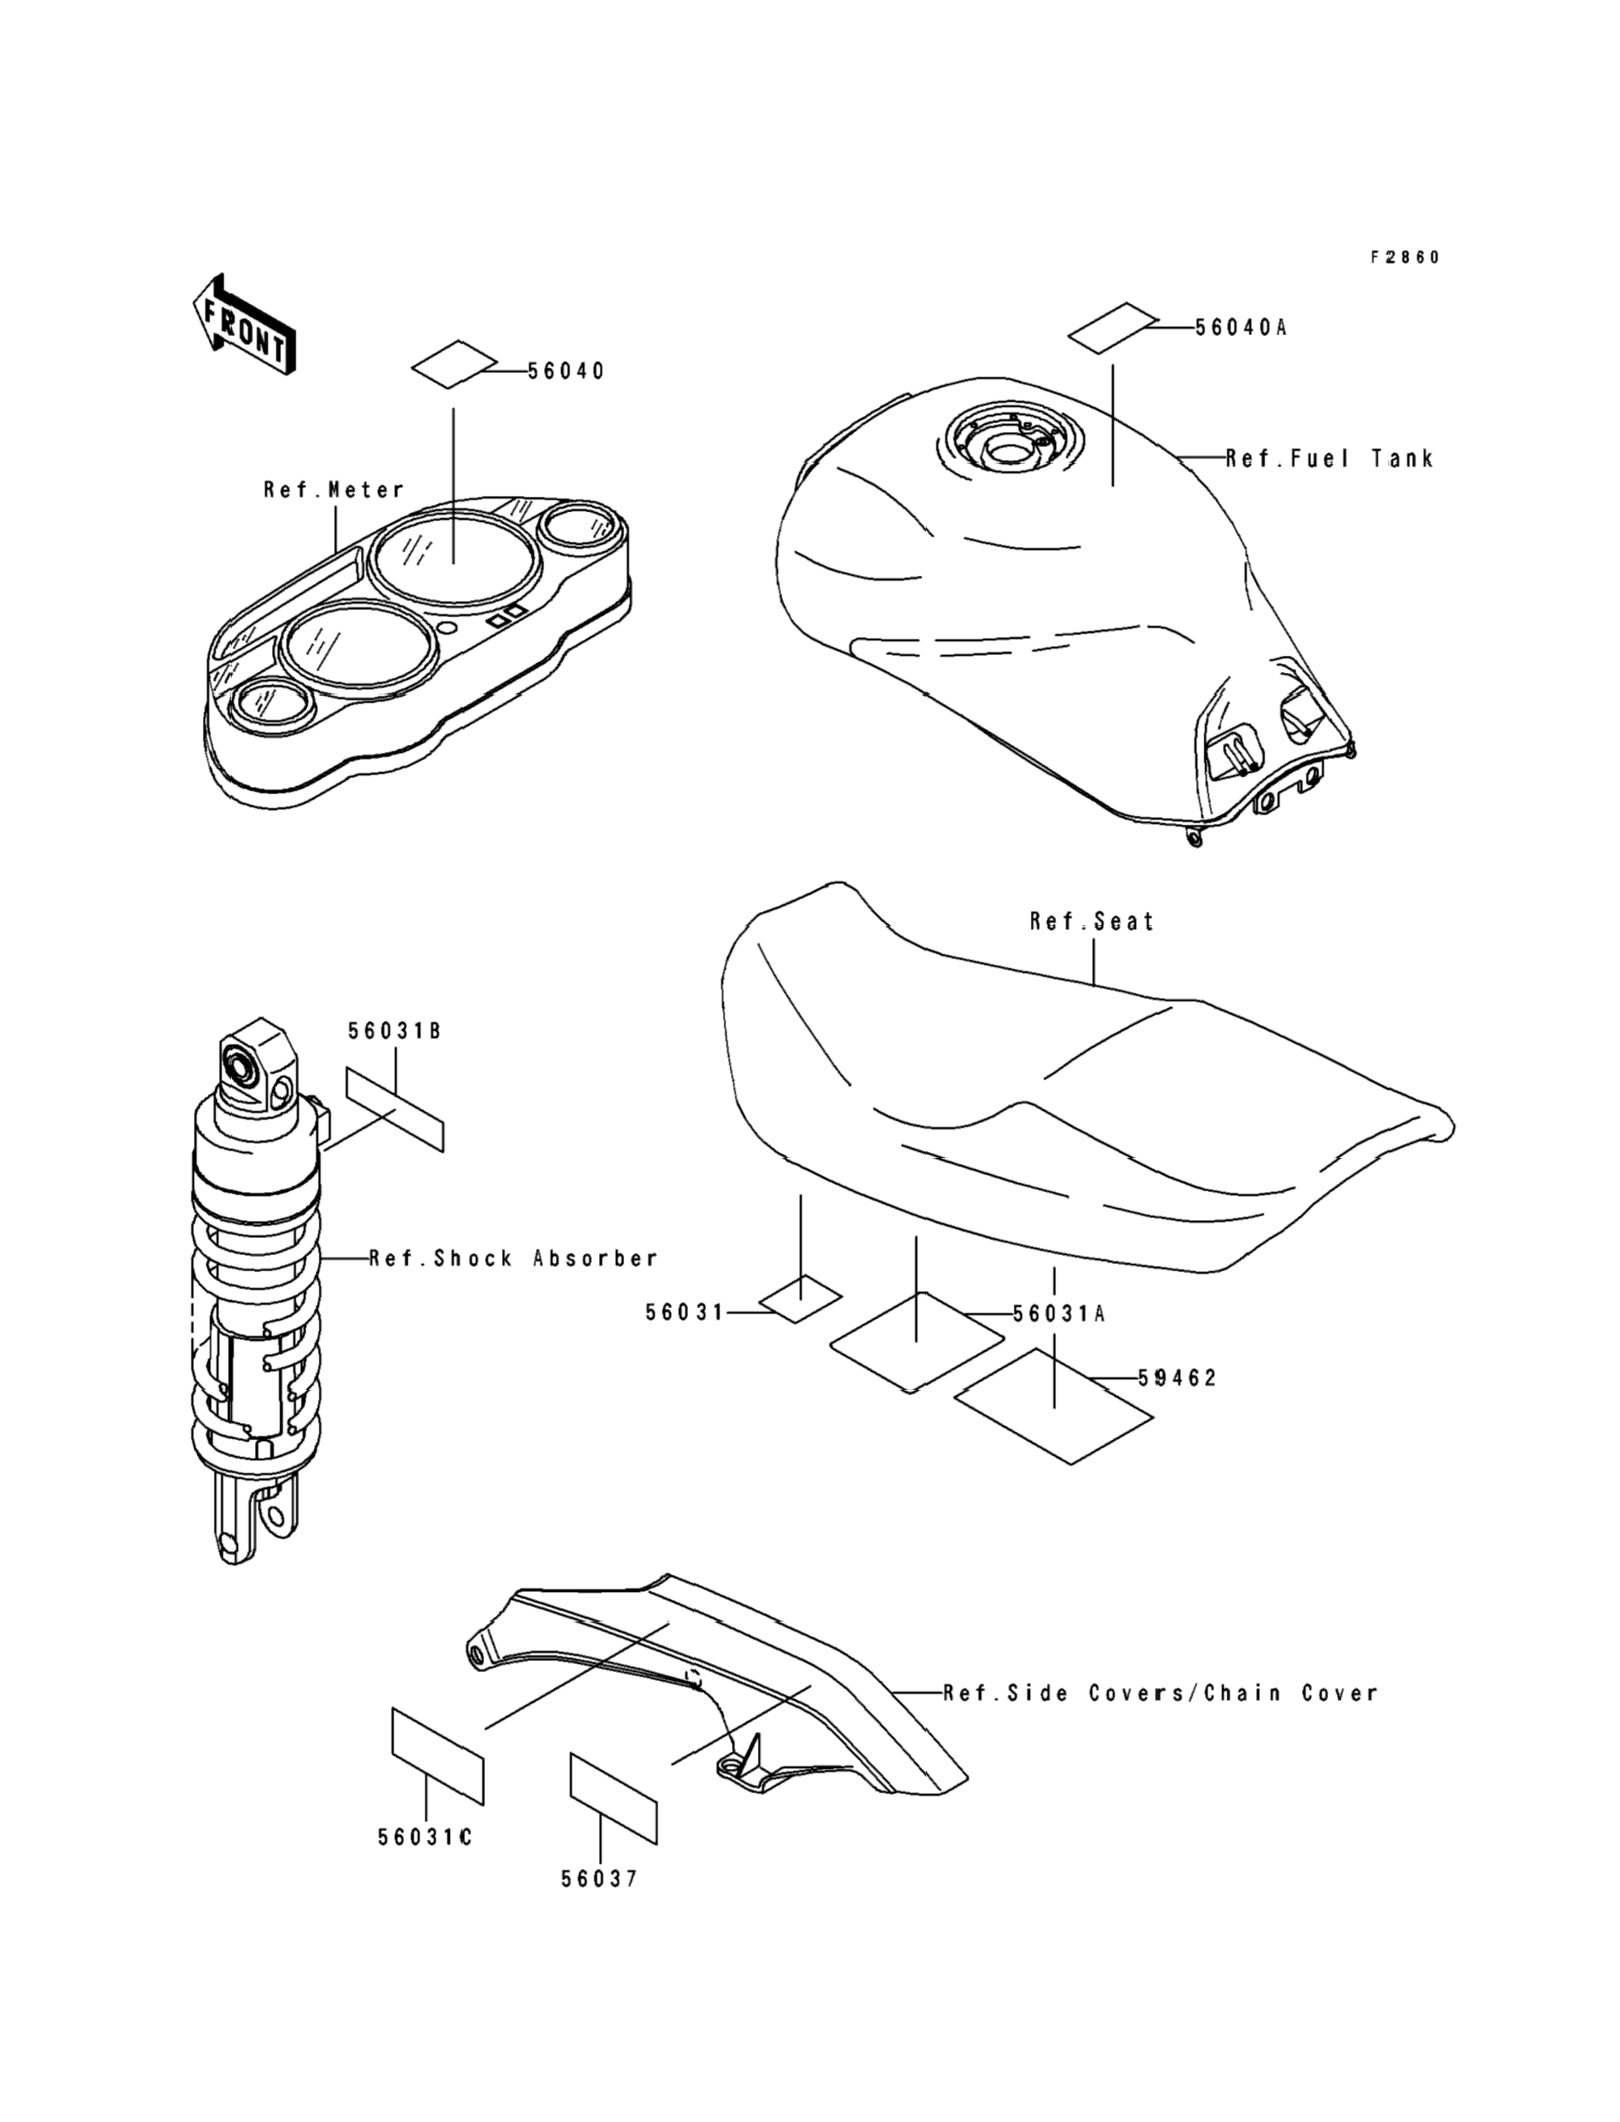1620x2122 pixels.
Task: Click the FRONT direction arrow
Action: [244, 325]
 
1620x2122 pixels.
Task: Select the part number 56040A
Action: [1240, 328]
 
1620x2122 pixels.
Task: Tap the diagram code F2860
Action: [1405, 258]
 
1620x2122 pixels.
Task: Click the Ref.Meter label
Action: [334, 490]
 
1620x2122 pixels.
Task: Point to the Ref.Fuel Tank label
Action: [1330, 459]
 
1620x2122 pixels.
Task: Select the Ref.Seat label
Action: [1092, 922]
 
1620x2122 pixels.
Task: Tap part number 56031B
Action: [394, 1031]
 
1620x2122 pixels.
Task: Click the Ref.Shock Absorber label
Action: [514, 1259]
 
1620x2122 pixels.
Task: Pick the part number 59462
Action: [1177, 1378]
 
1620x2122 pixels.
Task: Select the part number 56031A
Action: [1058, 1313]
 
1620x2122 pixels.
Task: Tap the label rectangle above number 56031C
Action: [436, 1755]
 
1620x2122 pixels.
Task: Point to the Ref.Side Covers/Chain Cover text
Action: [1160, 1693]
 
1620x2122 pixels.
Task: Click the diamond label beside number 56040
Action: [454, 365]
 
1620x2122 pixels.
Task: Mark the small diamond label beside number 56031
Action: [799, 1299]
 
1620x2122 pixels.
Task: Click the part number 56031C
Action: [424, 1837]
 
